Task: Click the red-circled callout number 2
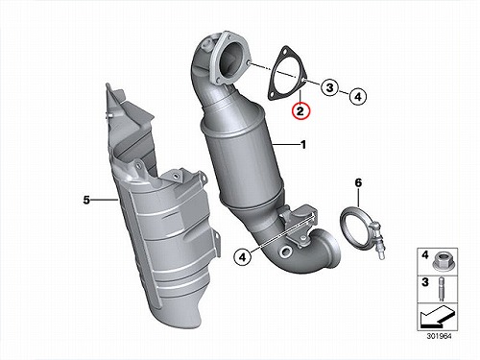(x=300, y=110)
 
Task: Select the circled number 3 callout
(x=330, y=87)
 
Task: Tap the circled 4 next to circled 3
(x=358, y=96)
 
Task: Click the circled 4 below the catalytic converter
(x=243, y=256)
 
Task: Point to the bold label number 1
(x=303, y=145)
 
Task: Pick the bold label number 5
(x=86, y=201)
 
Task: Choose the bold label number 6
(x=358, y=183)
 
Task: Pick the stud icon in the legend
(x=441, y=290)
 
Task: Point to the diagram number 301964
(x=439, y=336)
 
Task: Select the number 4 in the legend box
(x=424, y=255)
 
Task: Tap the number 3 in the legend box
(x=424, y=282)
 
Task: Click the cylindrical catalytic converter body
(x=242, y=156)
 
